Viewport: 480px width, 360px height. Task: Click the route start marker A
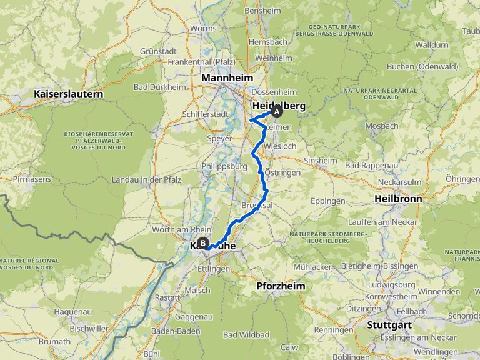(276, 111)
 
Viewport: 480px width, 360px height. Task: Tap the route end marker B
(202, 244)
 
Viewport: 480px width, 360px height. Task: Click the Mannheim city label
(227, 77)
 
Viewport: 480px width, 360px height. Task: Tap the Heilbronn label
(397, 199)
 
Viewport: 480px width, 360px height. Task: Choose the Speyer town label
(219, 138)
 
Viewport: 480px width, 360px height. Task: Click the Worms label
(203, 29)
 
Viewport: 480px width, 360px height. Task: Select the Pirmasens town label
(30, 179)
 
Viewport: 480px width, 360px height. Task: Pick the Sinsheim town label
(320, 160)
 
